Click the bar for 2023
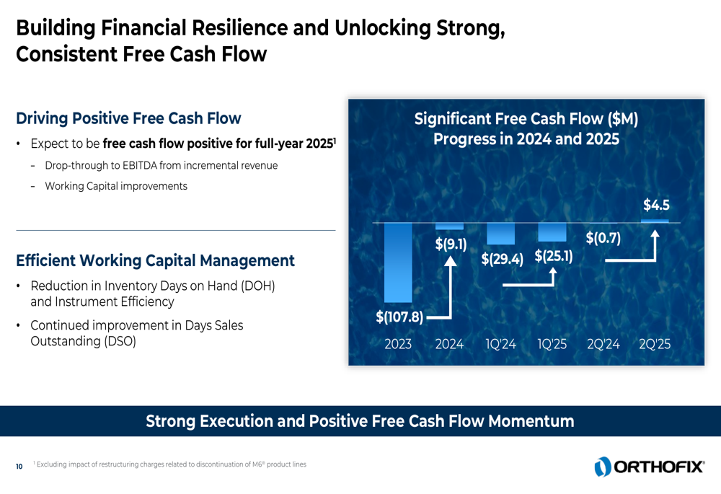[x=398, y=263]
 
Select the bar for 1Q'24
[x=501, y=234]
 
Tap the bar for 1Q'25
[x=552, y=232]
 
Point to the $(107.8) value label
[x=399, y=317]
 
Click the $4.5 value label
[x=656, y=205]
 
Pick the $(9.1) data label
[x=451, y=244]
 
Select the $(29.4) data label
[x=502, y=259]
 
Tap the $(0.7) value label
[x=603, y=238]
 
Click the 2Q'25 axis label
[x=655, y=344]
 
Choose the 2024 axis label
[x=449, y=344]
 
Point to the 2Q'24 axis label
[x=603, y=344]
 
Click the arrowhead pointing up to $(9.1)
[x=451, y=261]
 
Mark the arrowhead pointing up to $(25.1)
[x=553, y=271]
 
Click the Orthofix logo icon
[x=602, y=467]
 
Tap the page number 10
[x=19, y=467]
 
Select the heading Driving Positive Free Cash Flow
[x=128, y=118]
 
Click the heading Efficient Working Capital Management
[x=155, y=260]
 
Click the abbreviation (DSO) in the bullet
[x=120, y=341]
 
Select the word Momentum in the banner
[x=531, y=421]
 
